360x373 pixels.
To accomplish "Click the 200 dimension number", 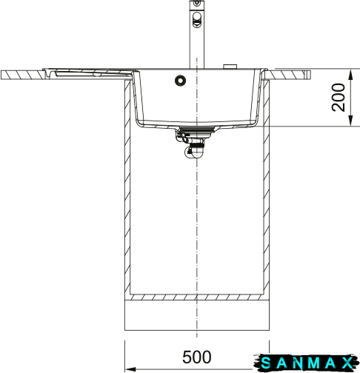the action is pos(339,98).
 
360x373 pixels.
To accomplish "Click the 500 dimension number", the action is pos(197,357).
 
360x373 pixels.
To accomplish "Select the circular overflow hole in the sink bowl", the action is pos(180,81).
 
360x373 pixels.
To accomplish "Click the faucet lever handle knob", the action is pos(197,19).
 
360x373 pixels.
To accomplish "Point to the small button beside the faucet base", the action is pos(230,67).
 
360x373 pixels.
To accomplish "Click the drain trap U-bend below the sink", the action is pos(195,152).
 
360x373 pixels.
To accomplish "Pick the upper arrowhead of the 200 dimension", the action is pos(350,74).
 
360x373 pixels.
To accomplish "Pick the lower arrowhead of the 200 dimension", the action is pos(350,121).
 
